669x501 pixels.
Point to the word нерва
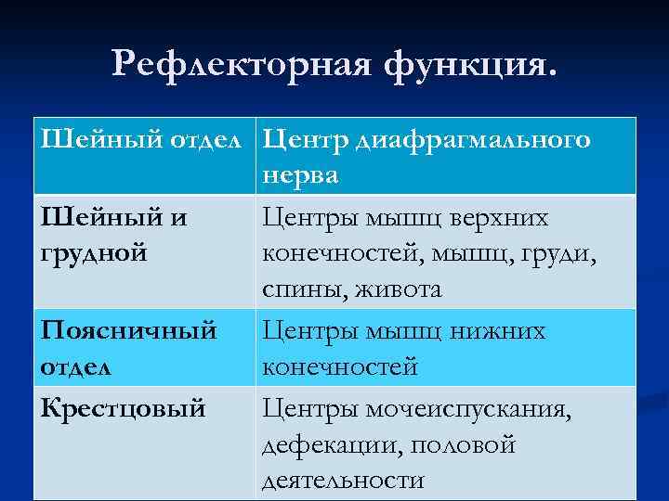(300, 176)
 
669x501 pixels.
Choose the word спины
(298, 290)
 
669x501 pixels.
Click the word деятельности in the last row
(343, 481)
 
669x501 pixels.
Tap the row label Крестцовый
(123, 407)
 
